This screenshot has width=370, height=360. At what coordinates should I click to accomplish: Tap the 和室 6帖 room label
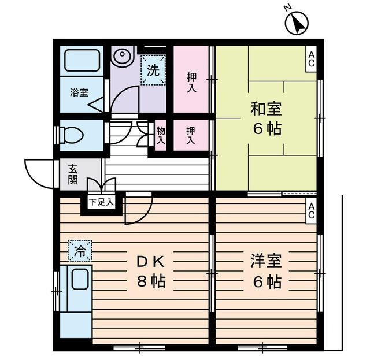(266, 118)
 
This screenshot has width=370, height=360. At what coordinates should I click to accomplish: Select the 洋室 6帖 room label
(266, 272)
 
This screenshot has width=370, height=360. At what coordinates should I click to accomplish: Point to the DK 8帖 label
(151, 272)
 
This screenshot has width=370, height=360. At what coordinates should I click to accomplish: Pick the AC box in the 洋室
(311, 210)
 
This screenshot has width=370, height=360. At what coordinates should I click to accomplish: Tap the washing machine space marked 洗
(153, 71)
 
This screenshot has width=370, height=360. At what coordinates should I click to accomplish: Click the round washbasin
(122, 57)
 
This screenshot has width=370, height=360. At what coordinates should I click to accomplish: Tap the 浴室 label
(78, 92)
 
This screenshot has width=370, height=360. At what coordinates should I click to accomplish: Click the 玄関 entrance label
(73, 174)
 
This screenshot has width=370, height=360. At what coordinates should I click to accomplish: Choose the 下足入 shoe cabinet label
(101, 202)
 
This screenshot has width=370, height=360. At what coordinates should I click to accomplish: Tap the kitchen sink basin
(78, 281)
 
